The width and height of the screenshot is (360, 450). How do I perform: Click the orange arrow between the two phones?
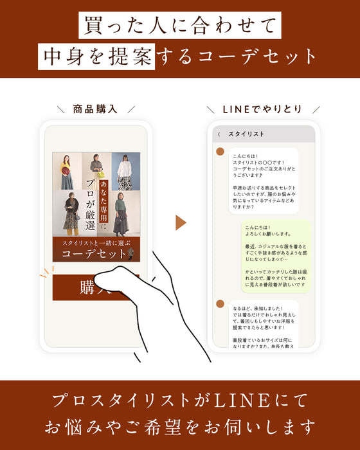pyautogui.click(x=181, y=222)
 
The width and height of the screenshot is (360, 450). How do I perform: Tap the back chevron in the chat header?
pyautogui.click(x=219, y=134)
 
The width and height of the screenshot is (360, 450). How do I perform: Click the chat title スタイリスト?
pyautogui.click(x=247, y=134)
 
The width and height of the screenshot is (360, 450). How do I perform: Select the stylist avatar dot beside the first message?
pyautogui.click(x=220, y=152)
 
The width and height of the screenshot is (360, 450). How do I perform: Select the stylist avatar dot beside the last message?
pyautogui.click(x=220, y=303)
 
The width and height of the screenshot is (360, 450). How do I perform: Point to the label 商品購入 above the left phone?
pyautogui.click(x=95, y=109)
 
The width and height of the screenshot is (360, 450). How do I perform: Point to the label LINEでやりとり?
pyautogui.click(x=263, y=109)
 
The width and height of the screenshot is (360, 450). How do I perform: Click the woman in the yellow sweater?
pyautogui.click(x=66, y=171)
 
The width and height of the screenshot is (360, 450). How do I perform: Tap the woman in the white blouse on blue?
pyautogui.click(x=125, y=171)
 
